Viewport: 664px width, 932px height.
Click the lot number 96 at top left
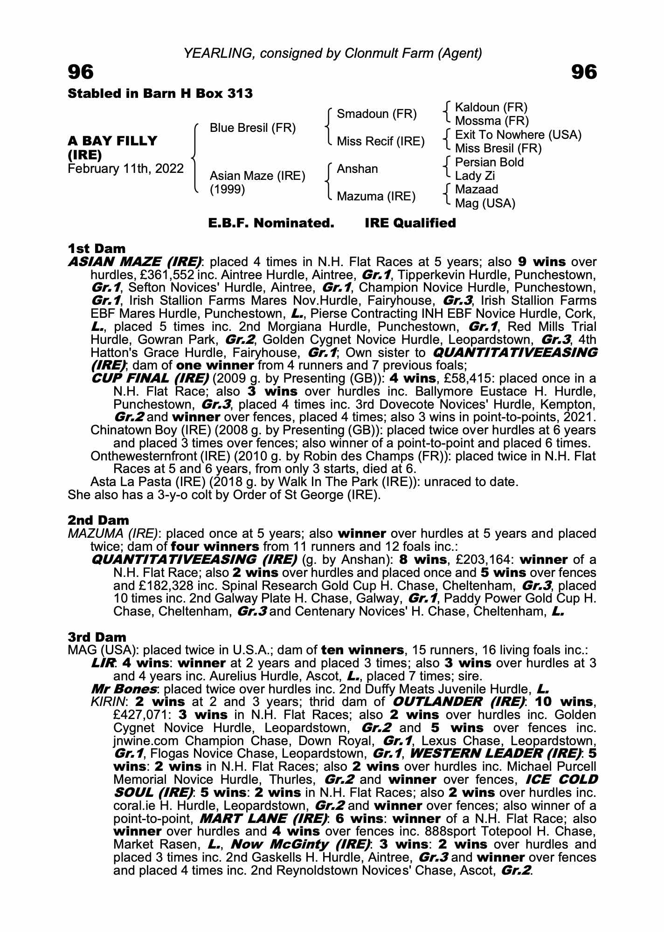click(81, 72)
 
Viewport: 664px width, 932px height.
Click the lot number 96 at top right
click(583, 72)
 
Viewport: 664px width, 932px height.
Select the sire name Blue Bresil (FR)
click(253, 128)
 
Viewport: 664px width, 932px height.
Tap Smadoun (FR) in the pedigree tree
click(377, 114)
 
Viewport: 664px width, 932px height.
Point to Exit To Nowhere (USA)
click(518, 135)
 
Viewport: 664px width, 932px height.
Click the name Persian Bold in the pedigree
click(489, 162)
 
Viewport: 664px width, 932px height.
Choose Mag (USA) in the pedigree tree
click(485, 203)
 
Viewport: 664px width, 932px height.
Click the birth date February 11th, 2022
click(126, 169)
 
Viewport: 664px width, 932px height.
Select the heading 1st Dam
click(97, 248)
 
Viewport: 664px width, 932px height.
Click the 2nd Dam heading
click(98, 520)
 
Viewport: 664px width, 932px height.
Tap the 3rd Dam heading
click(97, 637)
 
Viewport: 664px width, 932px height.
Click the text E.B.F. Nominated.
click(271, 223)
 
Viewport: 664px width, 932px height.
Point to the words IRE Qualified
click(410, 223)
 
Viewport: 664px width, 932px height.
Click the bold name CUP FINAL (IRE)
click(150, 378)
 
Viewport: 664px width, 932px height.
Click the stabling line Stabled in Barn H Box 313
click(160, 94)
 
